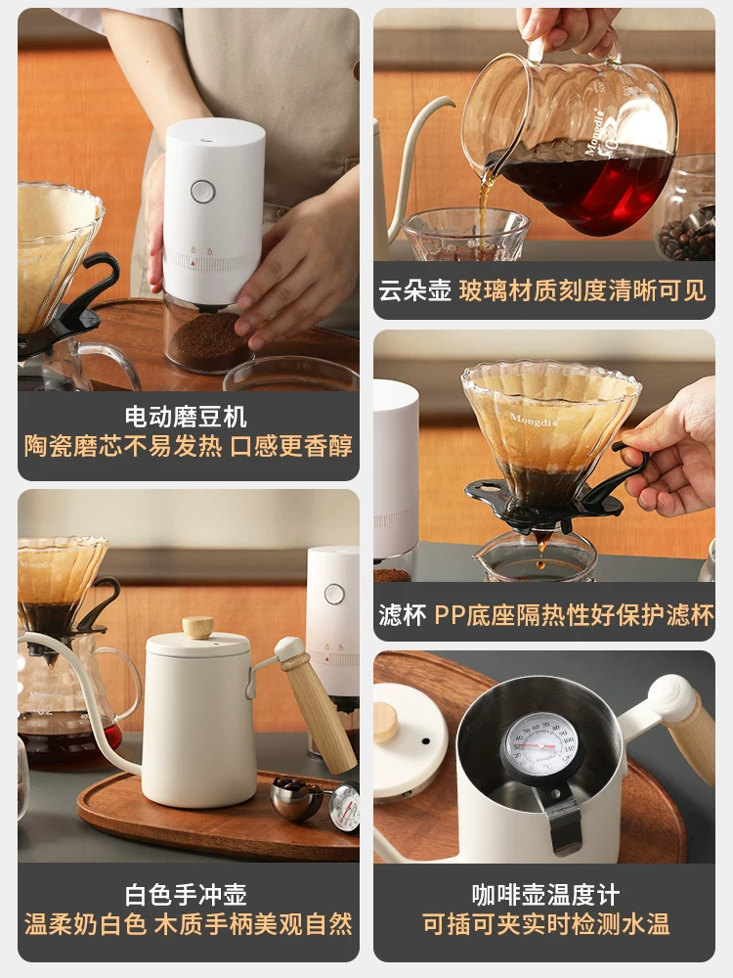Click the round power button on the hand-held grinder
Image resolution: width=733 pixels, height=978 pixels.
[202, 191]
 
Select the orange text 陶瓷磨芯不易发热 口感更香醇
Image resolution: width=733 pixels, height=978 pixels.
[188, 446]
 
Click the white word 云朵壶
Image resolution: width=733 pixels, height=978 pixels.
[414, 290]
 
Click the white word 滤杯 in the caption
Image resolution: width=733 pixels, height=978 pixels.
[402, 615]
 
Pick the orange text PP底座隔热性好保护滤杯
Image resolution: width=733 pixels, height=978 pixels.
[574, 615]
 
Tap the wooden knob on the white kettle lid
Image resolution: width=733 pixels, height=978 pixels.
[198, 627]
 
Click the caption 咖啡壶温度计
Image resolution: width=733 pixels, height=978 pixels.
[544, 893]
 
